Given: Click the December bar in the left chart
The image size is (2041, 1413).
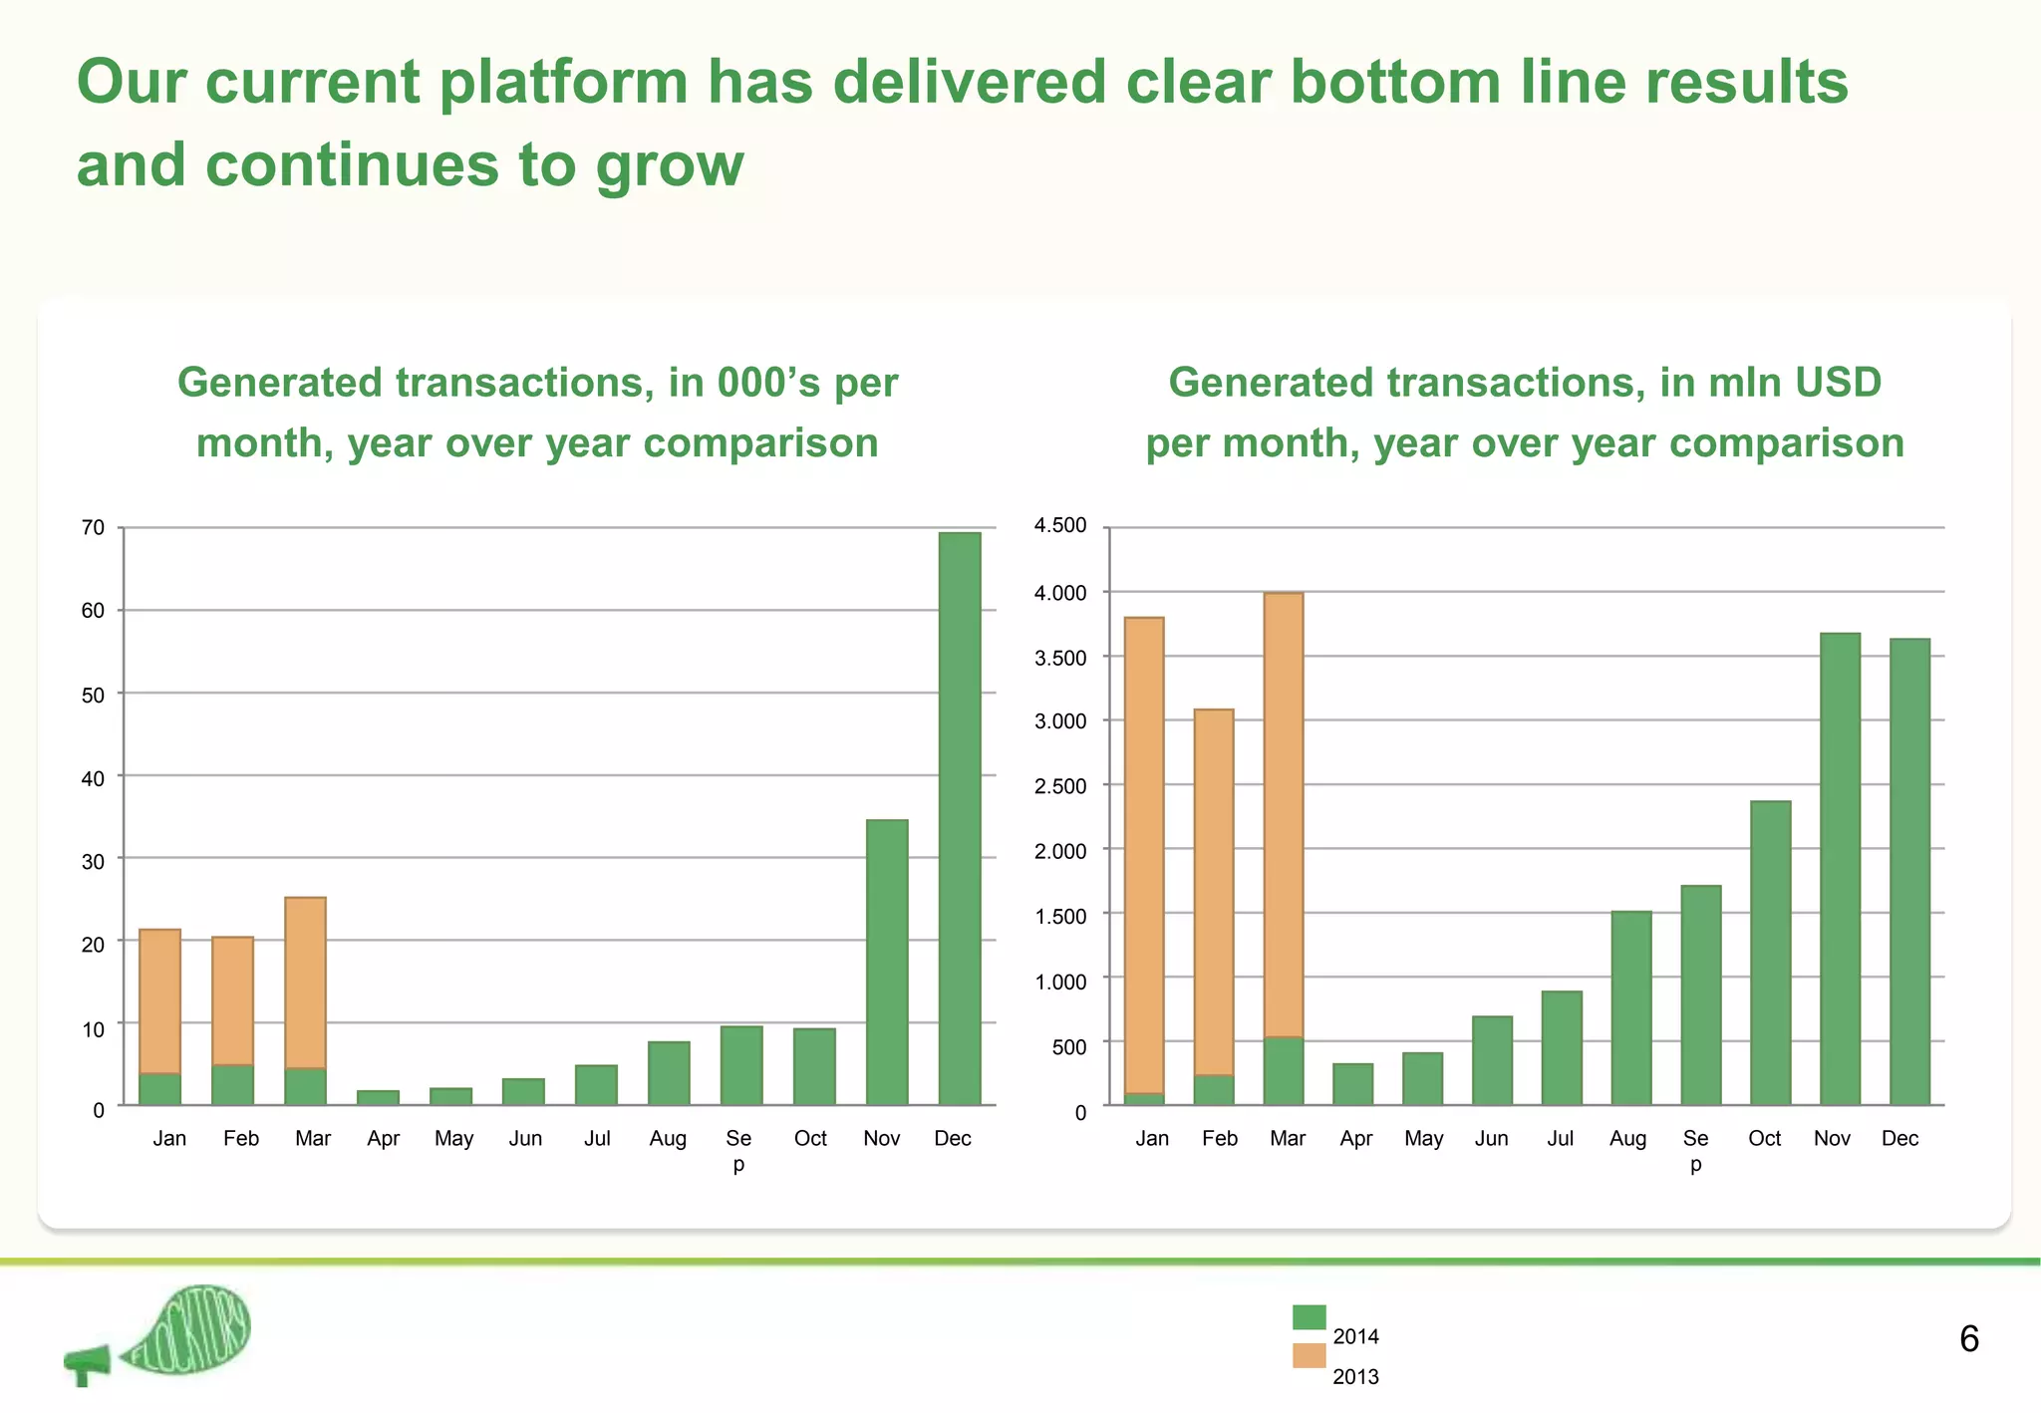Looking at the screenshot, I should coord(959,817).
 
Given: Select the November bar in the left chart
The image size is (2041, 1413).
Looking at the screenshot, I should coord(886,962).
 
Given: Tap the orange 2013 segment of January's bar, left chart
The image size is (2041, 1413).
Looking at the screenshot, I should coord(159,1001).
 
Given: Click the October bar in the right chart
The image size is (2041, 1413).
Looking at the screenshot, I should coord(1770,953).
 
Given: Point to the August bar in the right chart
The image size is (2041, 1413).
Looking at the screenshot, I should coord(1630,1007).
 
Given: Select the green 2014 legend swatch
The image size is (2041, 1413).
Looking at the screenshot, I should coord(1309,1317).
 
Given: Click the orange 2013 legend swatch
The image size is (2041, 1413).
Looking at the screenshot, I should coord(1309,1355).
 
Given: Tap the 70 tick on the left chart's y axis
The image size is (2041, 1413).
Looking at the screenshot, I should coord(93,528).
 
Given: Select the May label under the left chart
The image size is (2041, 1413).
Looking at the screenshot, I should coord(453,1138).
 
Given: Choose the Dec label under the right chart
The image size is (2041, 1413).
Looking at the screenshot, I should coord(1899,1138).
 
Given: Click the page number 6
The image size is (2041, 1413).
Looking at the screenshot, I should coord(1968,1339).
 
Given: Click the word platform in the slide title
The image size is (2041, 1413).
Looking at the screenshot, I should coord(562,82).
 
